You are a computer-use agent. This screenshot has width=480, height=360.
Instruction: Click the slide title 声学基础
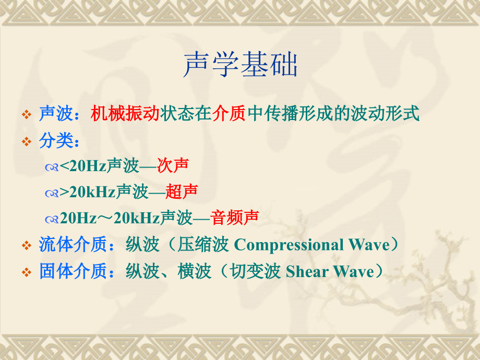[x=240, y=66]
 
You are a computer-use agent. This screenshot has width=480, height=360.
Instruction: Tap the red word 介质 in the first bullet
[x=229, y=113]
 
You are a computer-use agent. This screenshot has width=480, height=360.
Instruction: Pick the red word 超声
[x=182, y=191]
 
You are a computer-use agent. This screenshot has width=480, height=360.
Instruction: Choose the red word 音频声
[x=235, y=218]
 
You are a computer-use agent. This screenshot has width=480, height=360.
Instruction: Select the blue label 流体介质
[x=73, y=245]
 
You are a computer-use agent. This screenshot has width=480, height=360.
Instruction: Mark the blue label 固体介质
[x=73, y=271]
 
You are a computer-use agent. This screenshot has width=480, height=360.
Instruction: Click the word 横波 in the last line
[x=194, y=271]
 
